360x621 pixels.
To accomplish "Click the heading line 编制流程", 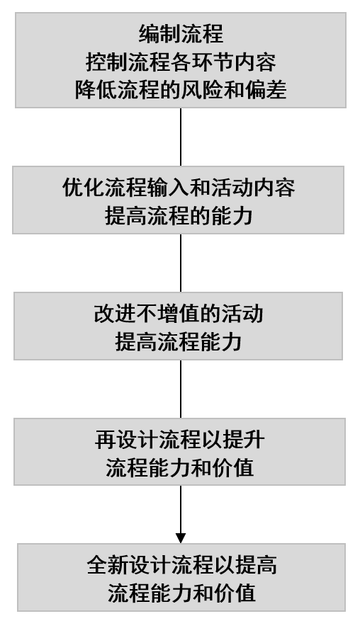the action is [181, 34].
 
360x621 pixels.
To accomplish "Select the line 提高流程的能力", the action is [179, 216].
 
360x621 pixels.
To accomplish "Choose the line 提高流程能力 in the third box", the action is [179, 342].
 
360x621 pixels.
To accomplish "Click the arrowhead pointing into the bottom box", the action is [181, 538].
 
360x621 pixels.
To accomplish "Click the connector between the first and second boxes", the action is [181, 137].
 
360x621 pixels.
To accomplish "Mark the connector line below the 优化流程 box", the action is [181, 263].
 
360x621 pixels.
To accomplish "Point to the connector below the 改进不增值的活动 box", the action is [181, 389].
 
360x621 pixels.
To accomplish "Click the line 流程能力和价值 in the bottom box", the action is [181, 593].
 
